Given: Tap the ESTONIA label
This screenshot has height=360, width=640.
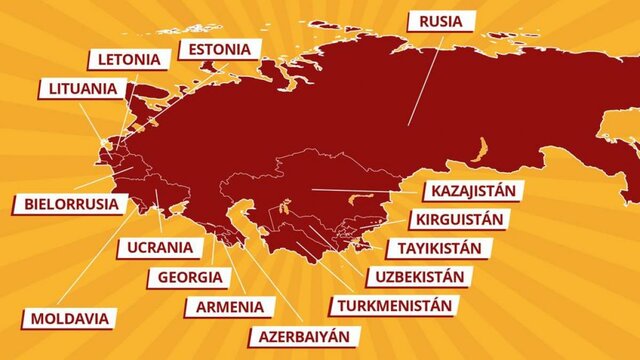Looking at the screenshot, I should tap(219, 49).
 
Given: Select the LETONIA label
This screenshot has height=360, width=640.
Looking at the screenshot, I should tap(127, 59).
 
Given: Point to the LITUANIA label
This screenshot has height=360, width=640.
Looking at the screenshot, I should tap(82, 88).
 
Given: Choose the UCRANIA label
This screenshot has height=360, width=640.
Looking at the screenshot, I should tap(160, 247).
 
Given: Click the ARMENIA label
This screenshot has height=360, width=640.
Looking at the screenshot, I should tap(230, 306).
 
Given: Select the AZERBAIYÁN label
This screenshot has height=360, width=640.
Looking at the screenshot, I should tap(303, 336).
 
